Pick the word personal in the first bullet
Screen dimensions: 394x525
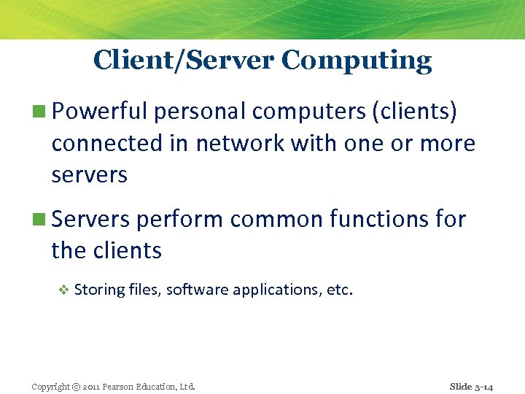pyautogui.click(x=201, y=112)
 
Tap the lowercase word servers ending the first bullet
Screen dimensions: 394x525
pyautogui.click(x=89, y=175)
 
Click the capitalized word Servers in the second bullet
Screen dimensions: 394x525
pyautogui.click(x=90, y=218)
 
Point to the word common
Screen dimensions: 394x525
pyautogui.click(x=272, y=218)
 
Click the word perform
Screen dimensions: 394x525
pyautogui.click(x=179, y=218)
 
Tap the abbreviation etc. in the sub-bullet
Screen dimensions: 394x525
pyautogui.click(x=340, y=290)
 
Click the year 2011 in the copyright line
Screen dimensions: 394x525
pyautogui.click(x=93, y=387)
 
